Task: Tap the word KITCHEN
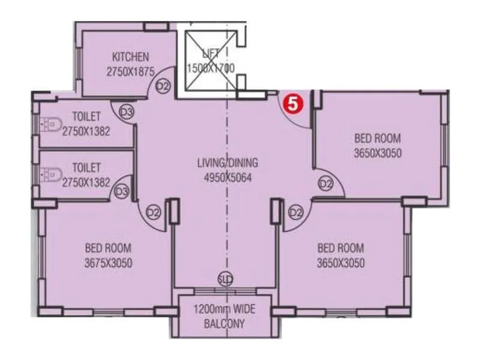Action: pos(130,58)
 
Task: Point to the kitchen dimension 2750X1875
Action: pos(130,71)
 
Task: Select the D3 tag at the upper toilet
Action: pos(126,112)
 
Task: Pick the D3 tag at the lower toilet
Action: pos(122,192)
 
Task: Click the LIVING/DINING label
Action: pos(227,163)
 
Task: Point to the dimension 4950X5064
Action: pos(227,177)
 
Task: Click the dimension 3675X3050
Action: pos(108,263)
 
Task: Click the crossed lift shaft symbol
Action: pos(210,60)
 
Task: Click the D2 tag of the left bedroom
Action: pos(154,212)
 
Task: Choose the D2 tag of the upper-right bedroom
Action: pos(326,184)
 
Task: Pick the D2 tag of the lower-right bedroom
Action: pos(296,212)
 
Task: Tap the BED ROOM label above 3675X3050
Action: pos(108,248)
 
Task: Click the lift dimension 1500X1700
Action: pos(210,68)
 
